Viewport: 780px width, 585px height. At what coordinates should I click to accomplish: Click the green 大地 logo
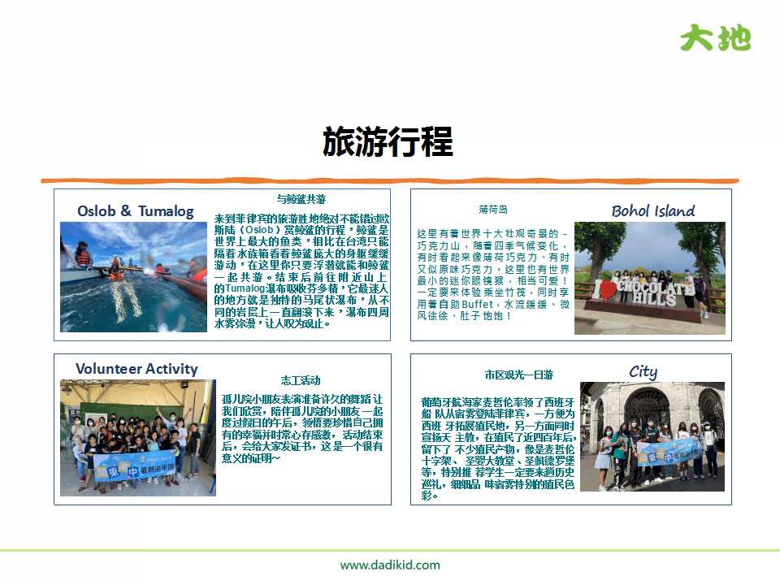[x=715, y=37]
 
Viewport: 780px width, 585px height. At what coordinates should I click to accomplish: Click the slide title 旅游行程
[x=388, y=141]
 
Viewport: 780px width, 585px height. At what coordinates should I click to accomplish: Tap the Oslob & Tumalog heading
[x=136, y=211]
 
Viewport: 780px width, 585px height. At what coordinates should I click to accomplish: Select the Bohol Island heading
[x=652, y=211]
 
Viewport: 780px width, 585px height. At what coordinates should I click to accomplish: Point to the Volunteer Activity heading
[x=136, y=369]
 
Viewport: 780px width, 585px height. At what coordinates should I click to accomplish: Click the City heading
[x=643, y=371]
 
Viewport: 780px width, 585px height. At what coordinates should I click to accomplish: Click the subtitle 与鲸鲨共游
[x=301, y=199]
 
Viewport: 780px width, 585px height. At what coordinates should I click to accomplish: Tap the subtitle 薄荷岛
[x=492, y=210]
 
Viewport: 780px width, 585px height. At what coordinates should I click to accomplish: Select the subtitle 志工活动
[x=301, y=380]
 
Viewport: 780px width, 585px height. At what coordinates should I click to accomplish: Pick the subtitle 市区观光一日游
[x=518, y=375]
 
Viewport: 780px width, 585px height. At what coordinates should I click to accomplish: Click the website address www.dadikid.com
[x=390, y=565]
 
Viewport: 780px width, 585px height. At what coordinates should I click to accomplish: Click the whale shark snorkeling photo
[x=133, y=276]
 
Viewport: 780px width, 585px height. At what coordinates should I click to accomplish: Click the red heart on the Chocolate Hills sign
[x=605, y=290]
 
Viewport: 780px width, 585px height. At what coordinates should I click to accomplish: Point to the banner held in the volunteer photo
[x=134, y=466]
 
